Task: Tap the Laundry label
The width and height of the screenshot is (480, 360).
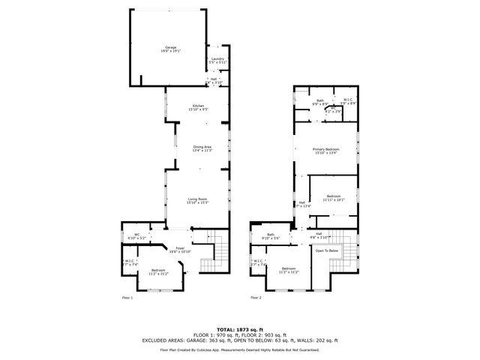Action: (x=217, y=60)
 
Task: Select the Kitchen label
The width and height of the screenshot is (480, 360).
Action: (x=198, y=106)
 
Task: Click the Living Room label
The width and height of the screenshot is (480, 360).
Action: (x=198, y=200)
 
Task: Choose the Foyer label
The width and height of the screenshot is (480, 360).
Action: (x=180, y=249)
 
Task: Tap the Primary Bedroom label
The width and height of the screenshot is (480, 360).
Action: (x=326, y=151)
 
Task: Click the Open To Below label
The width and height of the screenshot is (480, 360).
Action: (x=328, y=250)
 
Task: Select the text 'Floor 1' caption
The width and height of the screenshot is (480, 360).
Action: (x=127, y=298)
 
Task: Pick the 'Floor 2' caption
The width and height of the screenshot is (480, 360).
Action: (x=256, y=298)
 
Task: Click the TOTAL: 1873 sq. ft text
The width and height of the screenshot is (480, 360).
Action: (x=240, y=329)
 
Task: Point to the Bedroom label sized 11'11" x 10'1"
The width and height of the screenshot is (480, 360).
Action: (x=333, y=198)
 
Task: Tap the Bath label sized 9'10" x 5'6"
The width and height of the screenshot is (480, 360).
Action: (x=270, y=235)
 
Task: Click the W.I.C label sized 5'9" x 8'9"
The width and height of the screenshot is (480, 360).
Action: (x=349, y=101)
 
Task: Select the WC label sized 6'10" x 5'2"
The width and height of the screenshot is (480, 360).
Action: (x=137, y=236)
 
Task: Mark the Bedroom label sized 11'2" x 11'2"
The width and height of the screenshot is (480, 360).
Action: (x=157, y=271)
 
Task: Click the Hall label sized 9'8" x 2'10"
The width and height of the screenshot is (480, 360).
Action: (x=319, y=235)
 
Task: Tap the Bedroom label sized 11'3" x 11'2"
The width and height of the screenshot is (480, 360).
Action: (x=289, y=270)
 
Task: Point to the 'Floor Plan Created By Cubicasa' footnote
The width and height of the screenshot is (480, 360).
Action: (x=240, y=349)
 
